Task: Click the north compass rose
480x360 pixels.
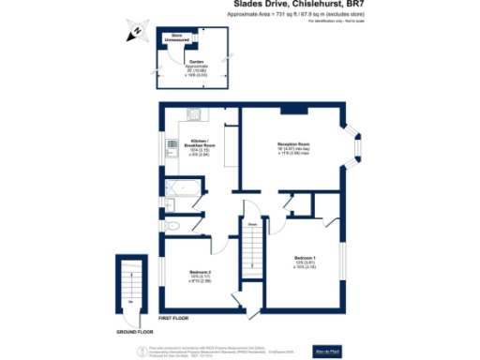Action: point(137,33)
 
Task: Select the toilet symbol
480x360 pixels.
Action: point(170,226)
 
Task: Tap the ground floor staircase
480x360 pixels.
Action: point(130,286)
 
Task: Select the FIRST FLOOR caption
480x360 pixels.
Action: point(174,319)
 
